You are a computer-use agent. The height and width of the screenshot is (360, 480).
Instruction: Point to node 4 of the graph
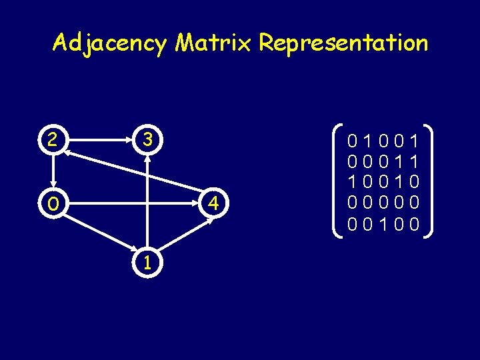pyautogui.click(x=212, y=203)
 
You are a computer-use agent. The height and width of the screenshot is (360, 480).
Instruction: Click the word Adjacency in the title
pyautogui.click(x=110, y=44)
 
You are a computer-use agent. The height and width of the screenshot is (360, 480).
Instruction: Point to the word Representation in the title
pyautogui.click(x=343, y=44)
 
